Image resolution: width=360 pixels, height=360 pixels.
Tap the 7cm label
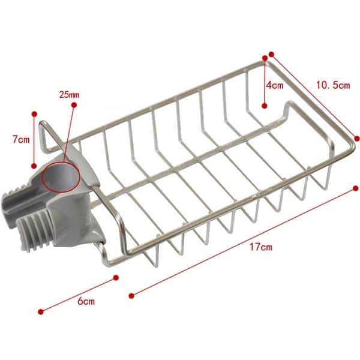pyautogui.click(x=21, y=140)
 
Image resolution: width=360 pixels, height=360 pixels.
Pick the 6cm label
pyautogui.click(x=86, y=301)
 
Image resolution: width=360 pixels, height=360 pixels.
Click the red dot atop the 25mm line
pyautogui.click(x=74, y=105)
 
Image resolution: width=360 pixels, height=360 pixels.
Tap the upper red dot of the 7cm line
pyautogui.click(x=34, y=113)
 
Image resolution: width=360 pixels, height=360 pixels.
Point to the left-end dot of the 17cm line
pyautogui.click(x=131, y=294)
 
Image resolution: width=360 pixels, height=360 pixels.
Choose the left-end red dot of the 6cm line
pyautogui.click(x=41, y=311)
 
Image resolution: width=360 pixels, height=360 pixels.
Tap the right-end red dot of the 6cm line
pyautogui.click(x=116, y=278)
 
